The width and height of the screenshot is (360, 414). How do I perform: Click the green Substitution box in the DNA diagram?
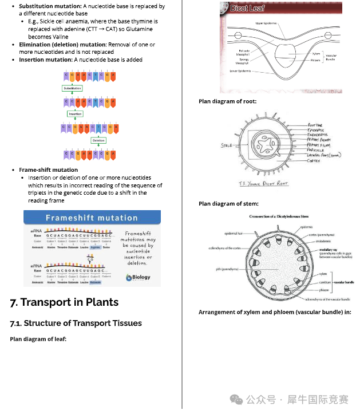pyautogui.click(x=72, y=89)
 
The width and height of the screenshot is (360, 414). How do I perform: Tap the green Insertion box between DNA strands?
pyautogui.click(x=75, y=114)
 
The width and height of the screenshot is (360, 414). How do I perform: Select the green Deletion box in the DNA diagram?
pyautogui.click(x=98, y=140)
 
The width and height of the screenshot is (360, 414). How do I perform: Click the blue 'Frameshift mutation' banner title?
pyautogui.click(x=92, y=218)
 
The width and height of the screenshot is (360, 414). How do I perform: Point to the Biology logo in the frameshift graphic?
pyautogui.click(x=138, y=277)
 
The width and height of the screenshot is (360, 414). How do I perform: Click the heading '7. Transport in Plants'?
pyautogui.click(x=64, y=302)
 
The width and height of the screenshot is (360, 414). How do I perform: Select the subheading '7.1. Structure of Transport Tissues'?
pyautogui.click(x=76, y=324)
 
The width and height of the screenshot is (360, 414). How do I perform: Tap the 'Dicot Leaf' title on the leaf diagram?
pyautogui.click(x=247, y=9)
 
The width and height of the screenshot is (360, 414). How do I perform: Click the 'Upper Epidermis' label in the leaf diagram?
pyautogui.click(x=266, y=23)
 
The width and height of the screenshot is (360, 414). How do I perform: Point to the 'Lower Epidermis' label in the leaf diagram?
pyautogui.click(x=241, y=72)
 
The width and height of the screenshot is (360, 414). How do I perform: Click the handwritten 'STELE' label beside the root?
pyautogui.click(x=227, y=145)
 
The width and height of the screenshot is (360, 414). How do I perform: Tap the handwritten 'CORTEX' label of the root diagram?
pyautogui.click(x=314, y=161)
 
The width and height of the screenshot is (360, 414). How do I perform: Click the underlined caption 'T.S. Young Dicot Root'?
pyautogui.click(x=263, y=183)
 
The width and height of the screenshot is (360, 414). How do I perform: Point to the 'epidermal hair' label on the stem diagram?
pyautogui.click(x=234, y=234)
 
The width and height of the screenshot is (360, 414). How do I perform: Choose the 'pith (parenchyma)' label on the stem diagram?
pyautogui.click(x=227, y=269)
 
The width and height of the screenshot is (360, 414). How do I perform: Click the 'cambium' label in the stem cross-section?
pyautogui.click(x=324, y=282)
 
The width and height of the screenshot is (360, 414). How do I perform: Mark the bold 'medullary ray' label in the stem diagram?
pyautogui.click(x=328, y=250)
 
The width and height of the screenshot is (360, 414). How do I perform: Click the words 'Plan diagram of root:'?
pyautogui.click(x=227, y=101)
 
